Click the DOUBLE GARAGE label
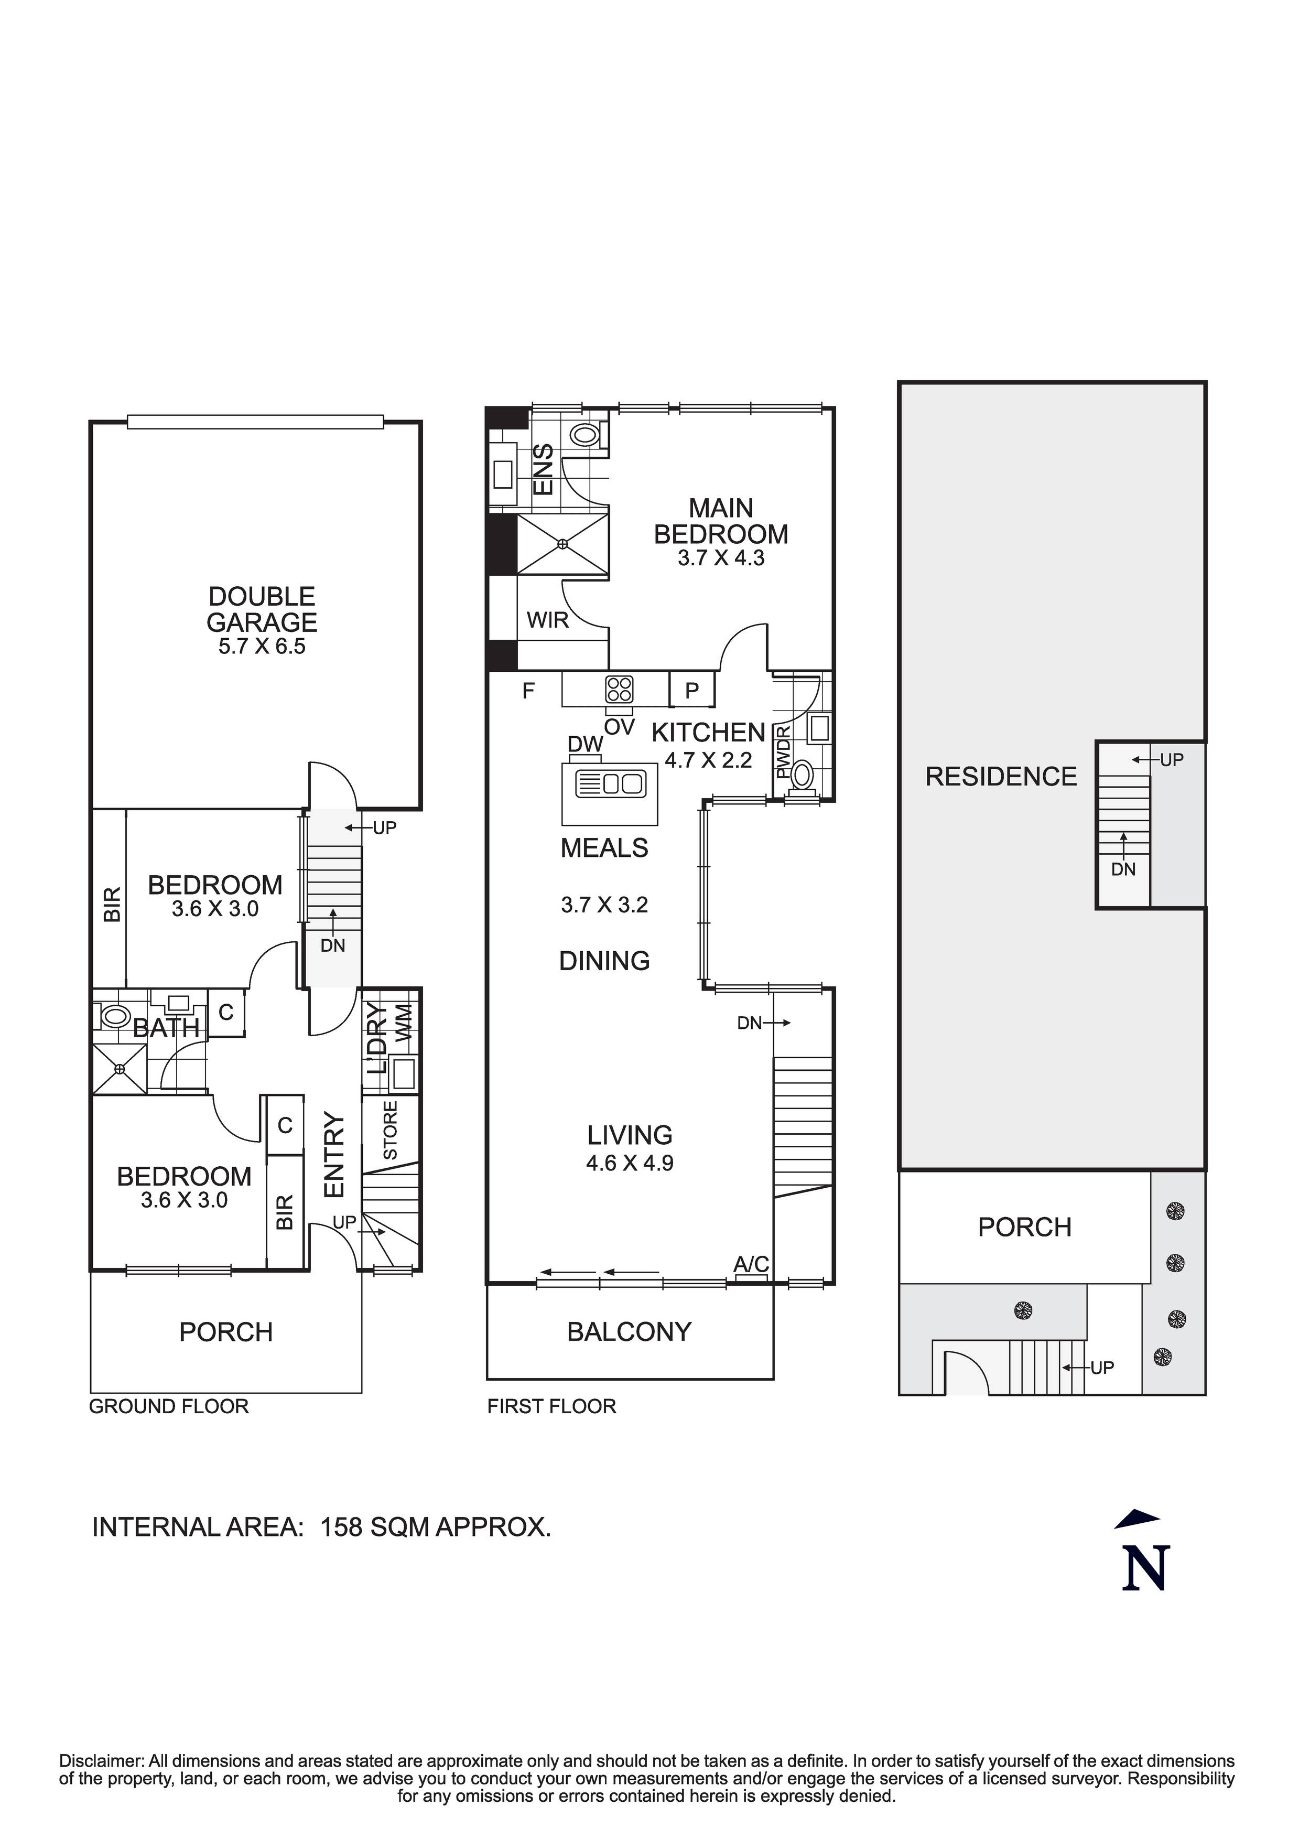pyautogui.click(x=262, y=609)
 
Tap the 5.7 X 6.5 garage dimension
pyautogui.click(x=262, y=647)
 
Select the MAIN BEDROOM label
pyautogui.click(x=721, y=521)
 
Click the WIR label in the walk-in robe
pyautogui.click(x=548, y=620)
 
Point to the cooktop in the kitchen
pyautogui.click(x=619, y=690)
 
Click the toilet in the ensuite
pyautogui.click(x=586, y=435)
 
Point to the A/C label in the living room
pyautogui.click(x=751, y=1264)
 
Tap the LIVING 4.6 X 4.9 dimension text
pyautogui.click(x=630, y=1163)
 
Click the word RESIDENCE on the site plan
pyautogui.click(x=1001, y=776)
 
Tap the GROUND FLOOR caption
pyautogui.click(x=169, y=1406)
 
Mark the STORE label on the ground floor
pyautogui.click(x=390, y=1130)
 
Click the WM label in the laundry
pyautogui.click(x=405, y=1023)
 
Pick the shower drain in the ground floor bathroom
pyautogui.click(x=120, y=1069)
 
